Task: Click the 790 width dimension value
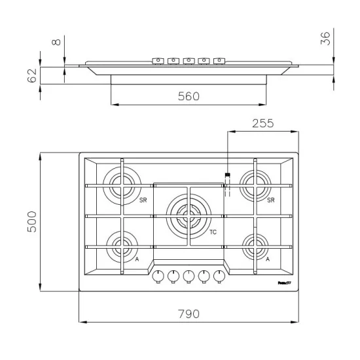(188, 314)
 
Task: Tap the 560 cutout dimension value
(188, 96)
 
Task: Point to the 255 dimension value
(262, 123)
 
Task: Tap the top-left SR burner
(121, 183)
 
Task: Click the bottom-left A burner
(121, 247)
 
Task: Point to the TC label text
(213, 232)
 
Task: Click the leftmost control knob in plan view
(158, 276)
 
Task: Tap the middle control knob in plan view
(188, 276)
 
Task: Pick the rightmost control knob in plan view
(218, 276)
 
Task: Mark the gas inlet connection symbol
(227, 175)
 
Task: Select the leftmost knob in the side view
(158, 61)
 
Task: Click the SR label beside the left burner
(142, 200)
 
